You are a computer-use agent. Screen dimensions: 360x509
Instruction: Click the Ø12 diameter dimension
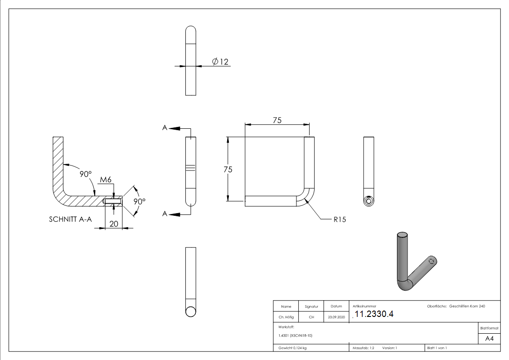coord(220,61)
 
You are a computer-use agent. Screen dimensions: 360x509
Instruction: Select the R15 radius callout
coord(339,219)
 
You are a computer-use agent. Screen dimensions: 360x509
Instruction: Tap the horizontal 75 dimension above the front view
coord(277,120)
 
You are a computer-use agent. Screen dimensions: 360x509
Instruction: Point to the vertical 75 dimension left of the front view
coord(228,169)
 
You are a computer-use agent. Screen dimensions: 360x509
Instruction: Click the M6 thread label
coord(106,180)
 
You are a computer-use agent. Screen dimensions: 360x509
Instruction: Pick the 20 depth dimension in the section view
coord(114,224)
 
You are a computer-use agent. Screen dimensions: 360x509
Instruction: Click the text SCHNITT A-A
coord(70,219)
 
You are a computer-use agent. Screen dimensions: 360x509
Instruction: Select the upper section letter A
coord(165,128)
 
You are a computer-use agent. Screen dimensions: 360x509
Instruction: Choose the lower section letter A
coord(165,214)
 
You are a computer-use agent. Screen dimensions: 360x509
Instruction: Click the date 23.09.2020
coord(336,317)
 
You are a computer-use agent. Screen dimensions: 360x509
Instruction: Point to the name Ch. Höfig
coord(286,317)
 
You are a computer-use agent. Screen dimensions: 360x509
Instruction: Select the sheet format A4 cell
coord(490,339)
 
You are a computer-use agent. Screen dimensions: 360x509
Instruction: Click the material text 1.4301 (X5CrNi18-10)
coord(296,336)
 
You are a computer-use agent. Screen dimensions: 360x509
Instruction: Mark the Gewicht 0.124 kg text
coord(293,348)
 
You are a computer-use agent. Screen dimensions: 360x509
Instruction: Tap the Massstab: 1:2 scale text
coord(363,348)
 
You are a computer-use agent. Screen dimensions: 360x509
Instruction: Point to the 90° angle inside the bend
coord(86,174)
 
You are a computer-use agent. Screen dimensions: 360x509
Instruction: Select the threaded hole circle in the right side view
coord(369,201)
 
